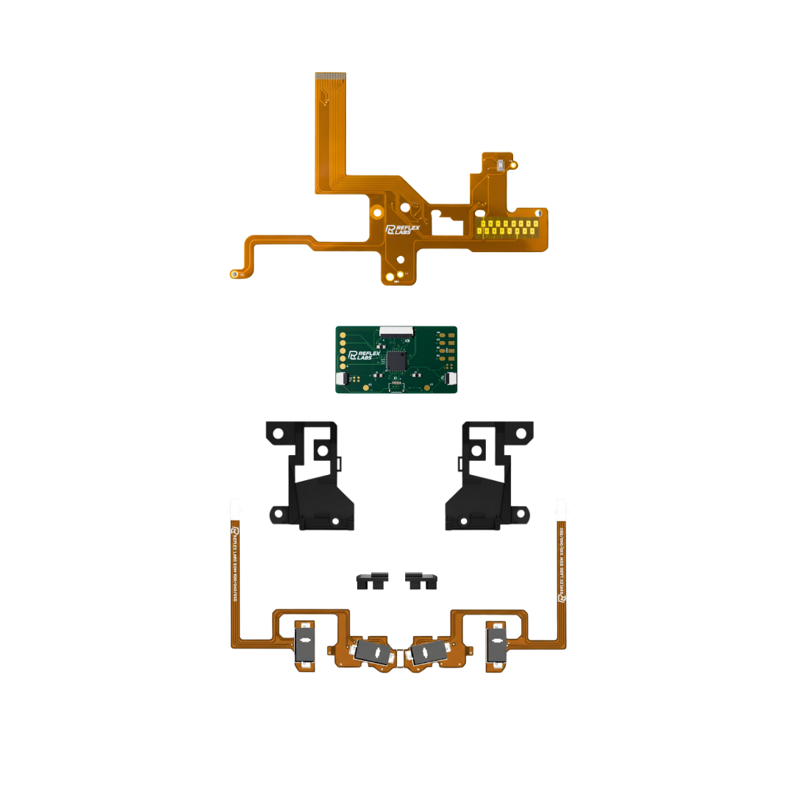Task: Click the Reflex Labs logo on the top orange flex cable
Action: pyautogui.click(x=402, y=231)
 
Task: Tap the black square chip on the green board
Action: pyautogui.click(x=397, y=360)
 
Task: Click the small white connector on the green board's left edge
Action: pyautogui.click(x=341, y=379)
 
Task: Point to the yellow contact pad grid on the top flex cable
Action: pyautogui.click(x=507, y=228)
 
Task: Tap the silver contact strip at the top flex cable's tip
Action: pyautogui.click(x=330, y=75)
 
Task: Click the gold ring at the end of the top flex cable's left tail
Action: pyautogui.click(x=235, y=274)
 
